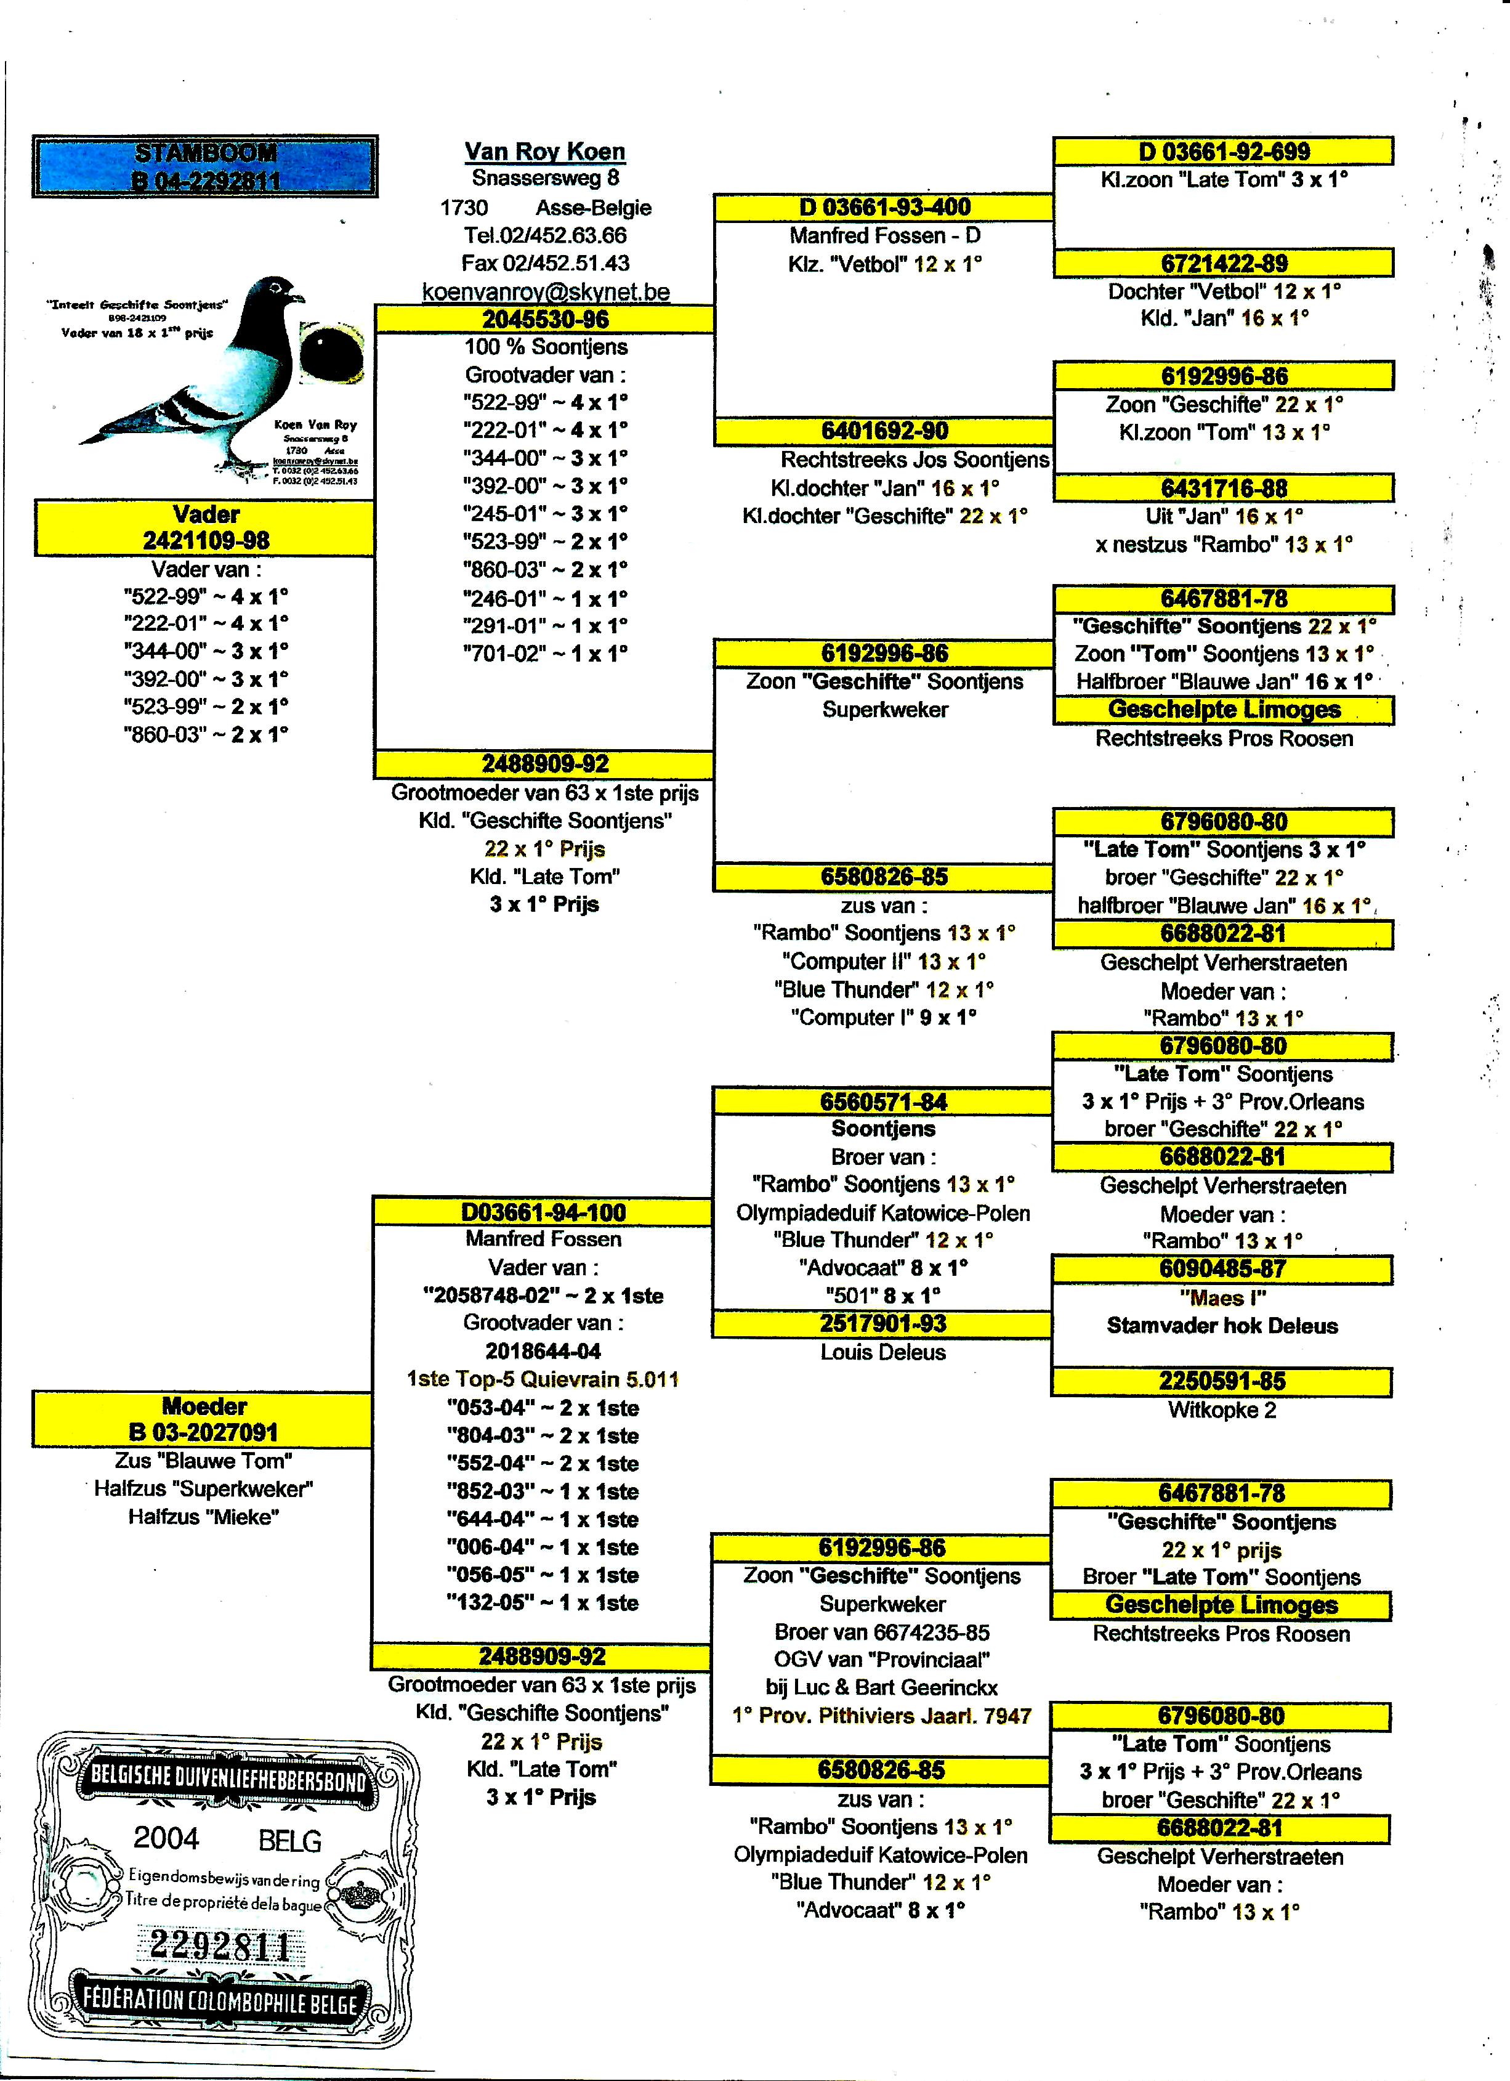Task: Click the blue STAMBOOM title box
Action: (x=204, y=166)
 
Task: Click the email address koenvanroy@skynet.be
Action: (x=545, y=292)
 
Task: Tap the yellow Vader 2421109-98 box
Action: (x=204, y=527)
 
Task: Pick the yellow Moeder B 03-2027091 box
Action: (x=203, y=1419)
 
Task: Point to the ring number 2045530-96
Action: (x=545, y=319)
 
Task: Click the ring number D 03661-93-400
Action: (x=884, y=208)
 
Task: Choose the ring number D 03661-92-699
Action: (x=1223, y=152)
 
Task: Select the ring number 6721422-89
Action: (x=1223, y=263)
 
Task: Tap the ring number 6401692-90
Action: (x=884, y=431)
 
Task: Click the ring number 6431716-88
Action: (x=1223, y=488)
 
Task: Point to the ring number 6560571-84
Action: (x=882, y=1101)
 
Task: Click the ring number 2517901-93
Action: (x=882, y=1324)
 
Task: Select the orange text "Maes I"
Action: (x=1222, y=1297)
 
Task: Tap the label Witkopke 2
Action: (x=1221, y=1410)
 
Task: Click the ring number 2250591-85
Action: (x=1221, y=1382)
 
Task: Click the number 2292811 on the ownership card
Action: (x=220, y=1945)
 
